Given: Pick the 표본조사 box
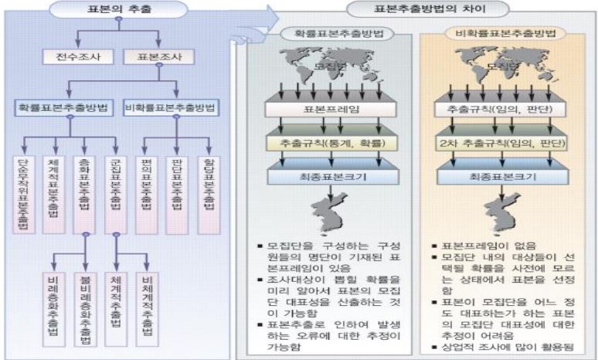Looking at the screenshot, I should [158, 57].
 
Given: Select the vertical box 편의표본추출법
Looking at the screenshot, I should [148, 193].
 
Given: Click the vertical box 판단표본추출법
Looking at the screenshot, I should [178, 193].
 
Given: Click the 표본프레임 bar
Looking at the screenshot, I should [330, 108].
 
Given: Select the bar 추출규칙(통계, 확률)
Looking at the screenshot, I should [330, 143].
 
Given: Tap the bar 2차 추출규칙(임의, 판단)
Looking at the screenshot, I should [504, 143].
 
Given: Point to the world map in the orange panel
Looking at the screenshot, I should [504, 66].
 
